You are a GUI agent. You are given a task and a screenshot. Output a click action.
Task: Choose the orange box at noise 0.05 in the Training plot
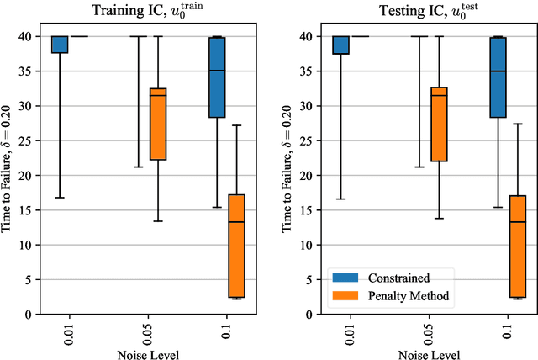[157, 124]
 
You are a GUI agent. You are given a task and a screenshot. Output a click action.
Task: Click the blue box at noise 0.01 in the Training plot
[60, 44]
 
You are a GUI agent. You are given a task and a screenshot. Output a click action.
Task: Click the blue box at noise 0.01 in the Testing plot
[340, 45]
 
